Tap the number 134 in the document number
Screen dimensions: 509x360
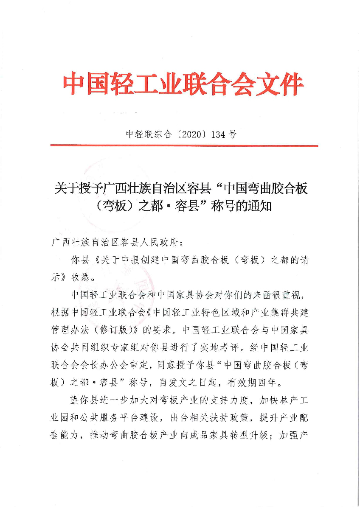pyautogui.click(x=217, y=134)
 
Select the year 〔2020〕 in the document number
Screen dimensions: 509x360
pyautogui.click(x=191, y=134)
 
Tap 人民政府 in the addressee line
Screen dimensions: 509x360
pyautogui.click(x=163, y=243)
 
